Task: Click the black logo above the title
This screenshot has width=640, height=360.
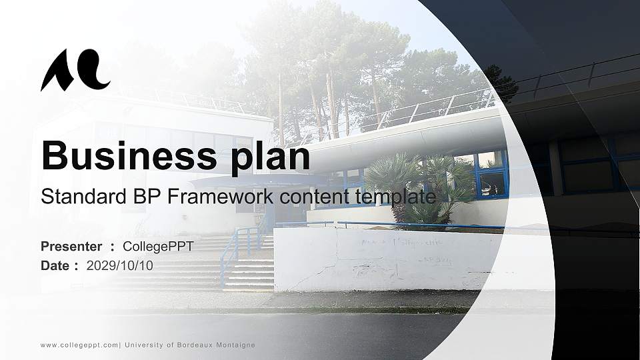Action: pyautogui.click(x=75, y=70)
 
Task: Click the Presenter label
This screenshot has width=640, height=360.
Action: pyautogui.click(x=71, y=247)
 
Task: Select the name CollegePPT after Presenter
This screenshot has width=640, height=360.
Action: pyautogui.click(x=158, y=247)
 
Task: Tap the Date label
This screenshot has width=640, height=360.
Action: pyautogui.click(x=55, y=265)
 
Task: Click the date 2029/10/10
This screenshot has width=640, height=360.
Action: pyautogui.click(x=120, y=265)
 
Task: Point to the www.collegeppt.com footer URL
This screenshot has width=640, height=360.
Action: pyautogui.click(x=79, y=345)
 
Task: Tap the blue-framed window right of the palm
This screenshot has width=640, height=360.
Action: pyautogui.click(x=492, y=175)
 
